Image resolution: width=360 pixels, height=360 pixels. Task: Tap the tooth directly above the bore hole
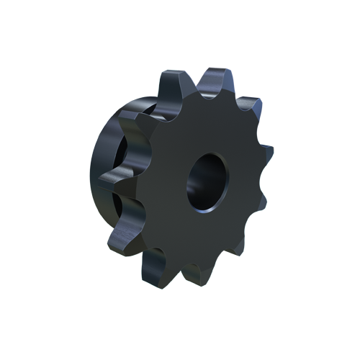point(213,81)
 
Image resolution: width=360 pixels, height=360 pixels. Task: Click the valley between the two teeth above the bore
point(193,94)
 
